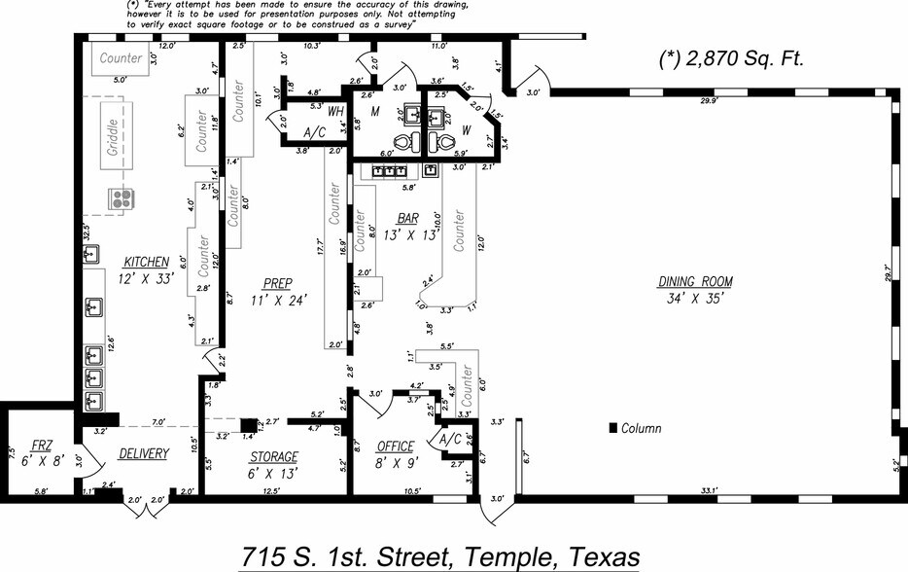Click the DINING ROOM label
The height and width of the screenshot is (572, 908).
click(x=694, y=282)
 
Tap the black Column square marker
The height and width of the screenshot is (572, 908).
click(x=612, y=428)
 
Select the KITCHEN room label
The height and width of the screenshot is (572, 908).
click(x=146, y=263)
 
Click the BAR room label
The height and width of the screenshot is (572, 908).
click(x=408, y=218)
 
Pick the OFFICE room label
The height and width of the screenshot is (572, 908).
click(x=396, y=447)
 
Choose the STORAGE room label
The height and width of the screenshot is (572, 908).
click(x=273, y=457)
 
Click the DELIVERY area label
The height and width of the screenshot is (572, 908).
click(x=144, y=453)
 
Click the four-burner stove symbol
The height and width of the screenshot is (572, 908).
click(x=122, y=199)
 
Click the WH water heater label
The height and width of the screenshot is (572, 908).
click(x=335, y=111)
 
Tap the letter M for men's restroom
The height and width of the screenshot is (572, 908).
click(x=374, y=111)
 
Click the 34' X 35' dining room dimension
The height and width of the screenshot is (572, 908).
click(x=694, y=298)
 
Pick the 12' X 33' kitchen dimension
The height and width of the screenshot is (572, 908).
click(x=146, y=278)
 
